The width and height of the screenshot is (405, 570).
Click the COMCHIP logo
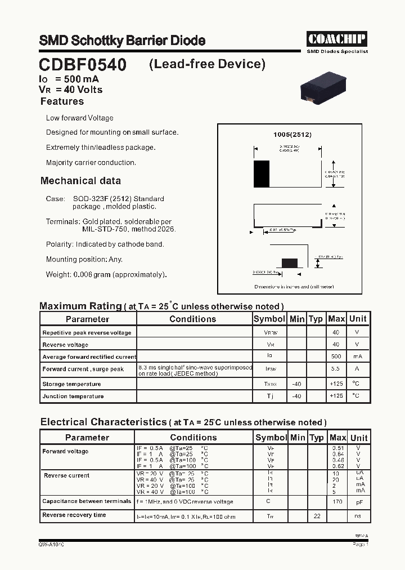coord(336,38)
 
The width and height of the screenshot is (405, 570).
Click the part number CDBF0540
coord(83,65)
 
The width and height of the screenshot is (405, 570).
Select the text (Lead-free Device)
coord(207,64)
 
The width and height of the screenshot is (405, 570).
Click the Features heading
coord(62,101)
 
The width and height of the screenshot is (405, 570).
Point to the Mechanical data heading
coord(80,181)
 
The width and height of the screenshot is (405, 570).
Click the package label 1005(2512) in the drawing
coord(292,135)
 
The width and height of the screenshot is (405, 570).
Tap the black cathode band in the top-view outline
coord(262,174)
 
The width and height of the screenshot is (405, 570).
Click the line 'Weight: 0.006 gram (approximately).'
coord(106,274)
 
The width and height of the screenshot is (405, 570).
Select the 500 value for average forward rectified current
coord(336,357)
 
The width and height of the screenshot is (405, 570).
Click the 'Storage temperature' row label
coord(71,384)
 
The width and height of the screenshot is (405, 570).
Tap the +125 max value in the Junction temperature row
coord(336,396)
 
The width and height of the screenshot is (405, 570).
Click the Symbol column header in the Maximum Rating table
coord(269,319)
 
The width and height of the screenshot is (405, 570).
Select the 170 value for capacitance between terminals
coord(337,501)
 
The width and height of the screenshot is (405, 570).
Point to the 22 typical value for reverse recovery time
coord(317,516)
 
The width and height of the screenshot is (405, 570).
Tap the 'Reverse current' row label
coord(66,476)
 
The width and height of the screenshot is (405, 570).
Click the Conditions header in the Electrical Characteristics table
coord(193,438)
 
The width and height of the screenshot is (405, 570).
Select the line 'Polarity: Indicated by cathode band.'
coord(105,244)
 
